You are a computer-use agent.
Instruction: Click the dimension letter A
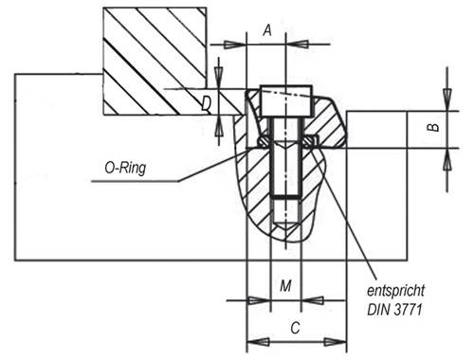pos(267,31)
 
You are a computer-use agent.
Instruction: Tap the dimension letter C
pos(296,329)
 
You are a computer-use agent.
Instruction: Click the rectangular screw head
pos(286,98)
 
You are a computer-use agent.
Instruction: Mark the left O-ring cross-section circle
pos(263,142)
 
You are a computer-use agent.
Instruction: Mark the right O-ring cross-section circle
pos(310,142)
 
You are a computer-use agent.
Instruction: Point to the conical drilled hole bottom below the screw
pos(284,227)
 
